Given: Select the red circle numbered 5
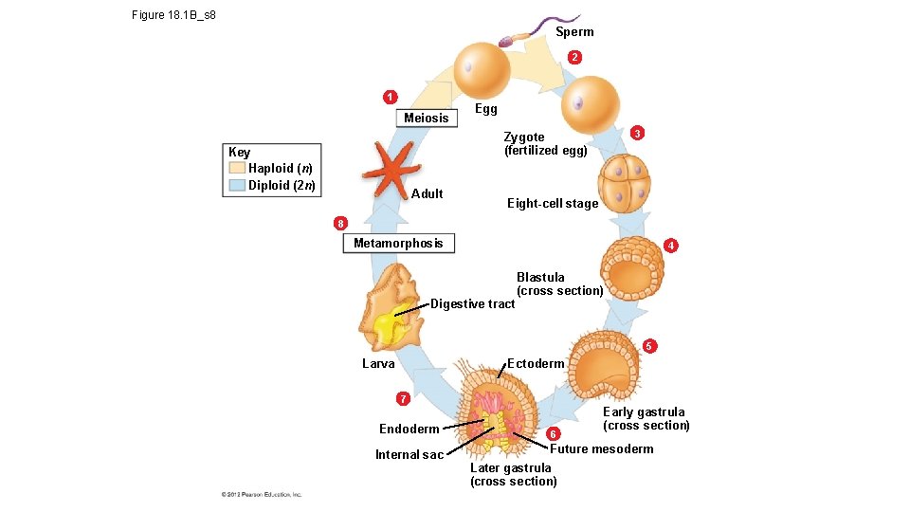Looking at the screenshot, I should tap(649, 346).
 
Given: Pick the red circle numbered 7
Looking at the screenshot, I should tap(403, 397).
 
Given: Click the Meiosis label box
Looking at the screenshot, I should tap(426, 118).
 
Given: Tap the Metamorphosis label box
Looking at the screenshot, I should tap(398, 244).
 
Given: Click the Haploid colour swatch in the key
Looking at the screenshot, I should tap(237, 168).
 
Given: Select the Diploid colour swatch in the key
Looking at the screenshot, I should tap(237, 185).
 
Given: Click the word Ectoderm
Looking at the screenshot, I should tap(536, 363).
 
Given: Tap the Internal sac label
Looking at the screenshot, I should tap(409, 454).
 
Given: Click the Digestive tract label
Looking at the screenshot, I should tap(472, 303).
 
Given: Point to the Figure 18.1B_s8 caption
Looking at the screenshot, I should tap(174, 15).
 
